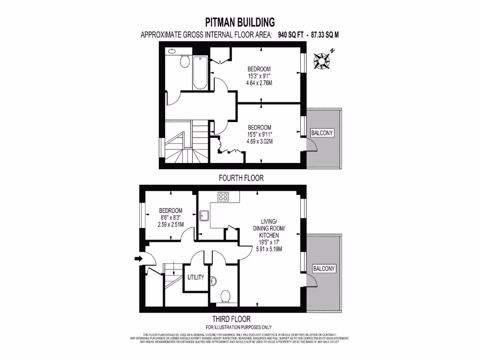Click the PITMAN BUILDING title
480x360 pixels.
coord(240,22)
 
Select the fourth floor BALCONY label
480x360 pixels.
coord(322,133)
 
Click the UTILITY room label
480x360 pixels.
coord(195,277)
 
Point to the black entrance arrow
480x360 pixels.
coord(138,258)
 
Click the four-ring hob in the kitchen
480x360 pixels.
coord(222,197)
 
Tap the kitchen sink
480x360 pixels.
coord(204,216)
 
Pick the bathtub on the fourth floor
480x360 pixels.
coord(200,73)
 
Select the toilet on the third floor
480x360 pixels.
coord(225,296)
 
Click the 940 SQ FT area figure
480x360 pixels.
coord(288,35)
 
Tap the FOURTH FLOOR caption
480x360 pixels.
coord(241,178)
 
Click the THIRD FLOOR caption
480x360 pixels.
coord(238,319)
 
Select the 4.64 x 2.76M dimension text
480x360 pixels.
coord(259,83)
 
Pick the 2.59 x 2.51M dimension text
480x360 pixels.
coord(171,225)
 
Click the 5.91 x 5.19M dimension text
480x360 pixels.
coord(270,249)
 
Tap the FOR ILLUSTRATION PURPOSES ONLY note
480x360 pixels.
coord(239,327)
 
